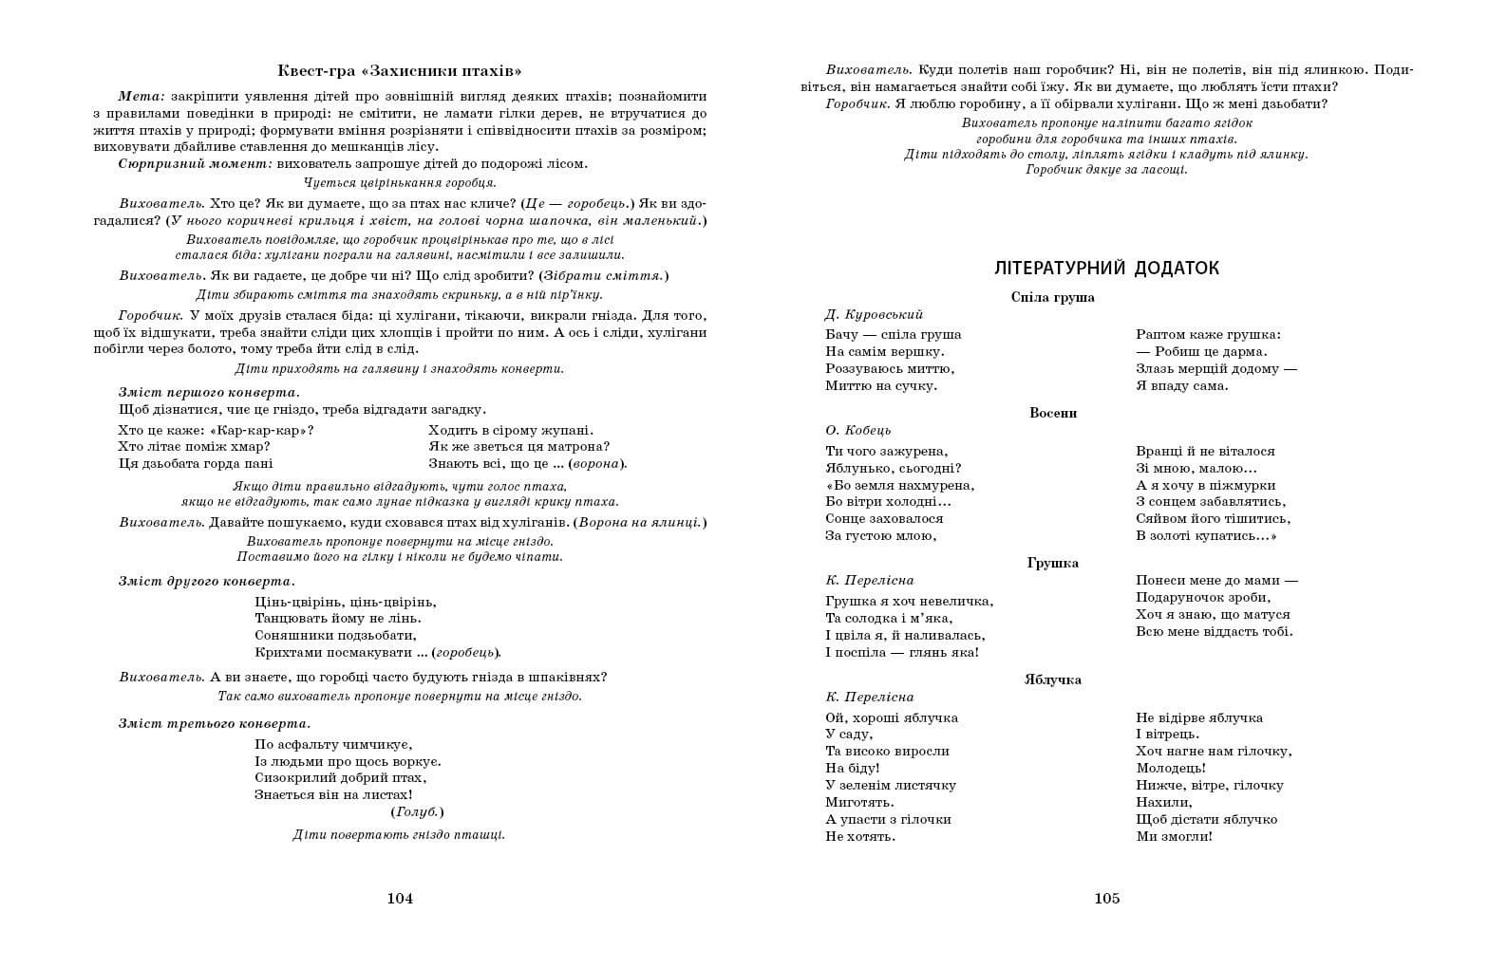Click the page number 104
[x=400, y=899]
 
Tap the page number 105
[x=1107, y=899]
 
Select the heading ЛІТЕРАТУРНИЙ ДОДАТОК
[x=1106, y=269]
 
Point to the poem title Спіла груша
[x=1052, y=297]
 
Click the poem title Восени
[x=1053, y=413]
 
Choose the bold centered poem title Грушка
[x=1052, y=563]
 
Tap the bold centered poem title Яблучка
[x=1052, y=679]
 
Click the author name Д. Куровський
[x=874, y=314]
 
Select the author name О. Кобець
[x=858, y=430]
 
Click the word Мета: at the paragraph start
[x=141, y=96]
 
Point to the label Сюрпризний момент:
[x=195, y=163]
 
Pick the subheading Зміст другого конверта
[x=206, y=581]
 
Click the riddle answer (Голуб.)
[x=417, y=812]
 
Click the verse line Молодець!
[x=1171, y=768]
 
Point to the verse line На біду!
[x=853, y=768]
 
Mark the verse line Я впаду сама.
[x=1181, y=385]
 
